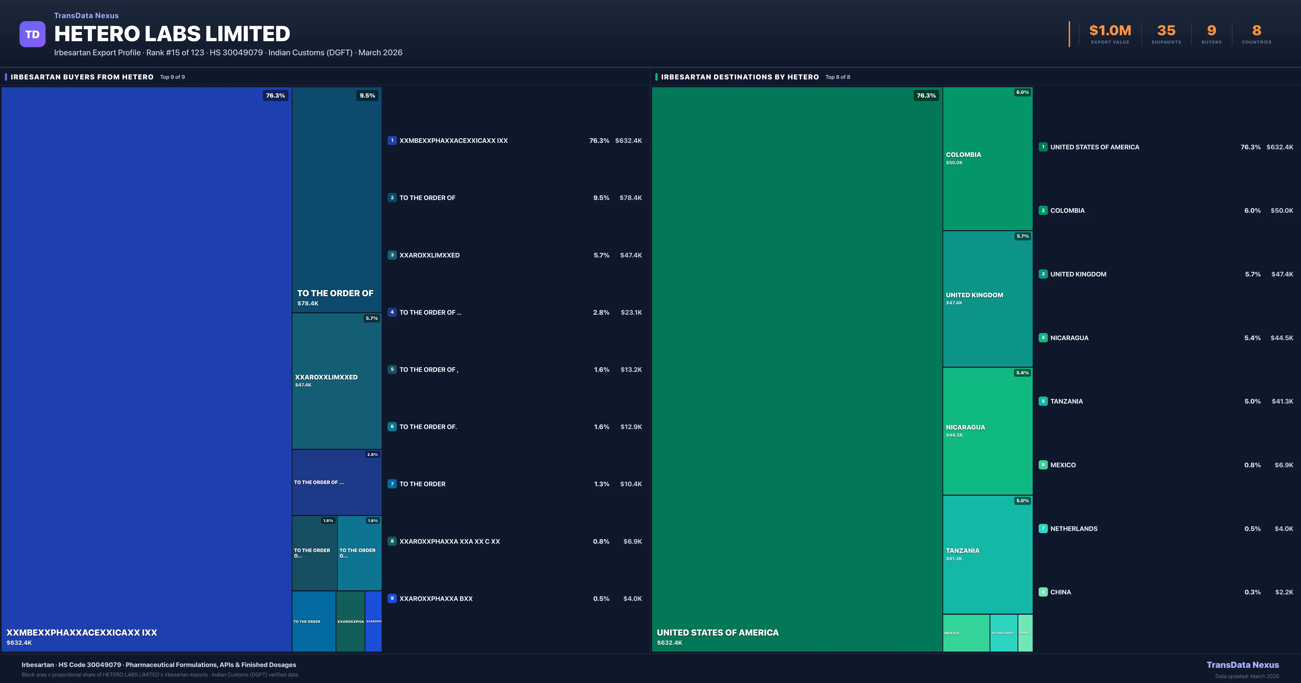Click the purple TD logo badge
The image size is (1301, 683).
32,34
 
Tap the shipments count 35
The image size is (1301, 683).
1166,31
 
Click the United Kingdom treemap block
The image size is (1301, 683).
987,299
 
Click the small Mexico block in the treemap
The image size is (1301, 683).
966,633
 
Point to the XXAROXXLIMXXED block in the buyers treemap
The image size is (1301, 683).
336,381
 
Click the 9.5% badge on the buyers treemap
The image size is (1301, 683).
367,95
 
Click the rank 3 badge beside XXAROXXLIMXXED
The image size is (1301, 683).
392,255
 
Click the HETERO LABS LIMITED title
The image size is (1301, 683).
172,34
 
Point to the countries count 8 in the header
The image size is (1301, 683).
1257,31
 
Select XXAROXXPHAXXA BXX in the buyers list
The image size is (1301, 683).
436,599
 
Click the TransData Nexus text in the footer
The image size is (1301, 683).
1242,665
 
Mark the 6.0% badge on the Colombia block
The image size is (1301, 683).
1022,92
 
